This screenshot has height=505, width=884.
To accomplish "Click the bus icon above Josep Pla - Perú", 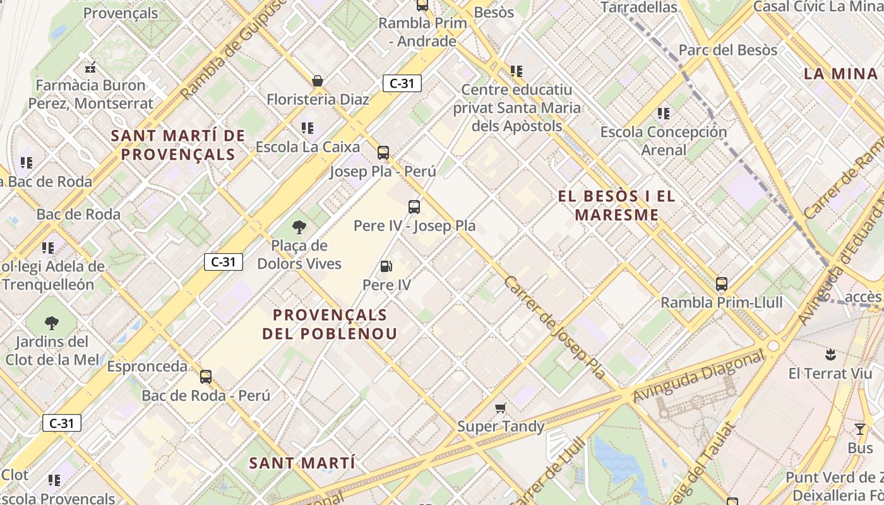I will [x=383, y=152].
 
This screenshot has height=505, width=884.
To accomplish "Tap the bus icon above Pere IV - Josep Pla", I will [x=414, y=206].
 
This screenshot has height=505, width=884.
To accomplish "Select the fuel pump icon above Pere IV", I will [x=386, y=266].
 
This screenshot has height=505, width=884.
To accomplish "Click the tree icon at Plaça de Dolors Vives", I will [x=299, y=227].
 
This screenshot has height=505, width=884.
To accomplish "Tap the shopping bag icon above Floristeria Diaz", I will [x=318, y=81].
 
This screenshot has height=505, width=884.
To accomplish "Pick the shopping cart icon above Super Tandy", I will [x=501, y=408].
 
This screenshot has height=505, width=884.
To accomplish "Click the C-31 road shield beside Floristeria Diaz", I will [x=402, y=83].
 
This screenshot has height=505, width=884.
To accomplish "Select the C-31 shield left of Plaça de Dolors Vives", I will [x=224, y=261].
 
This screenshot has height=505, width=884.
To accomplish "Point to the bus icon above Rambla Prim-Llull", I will [x=722, y=284].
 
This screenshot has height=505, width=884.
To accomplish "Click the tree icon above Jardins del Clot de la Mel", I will [x=52, y=323].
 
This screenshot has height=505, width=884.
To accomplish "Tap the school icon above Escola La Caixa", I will [x=308, y=128].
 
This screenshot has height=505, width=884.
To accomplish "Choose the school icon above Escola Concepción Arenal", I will [x=663, y=114].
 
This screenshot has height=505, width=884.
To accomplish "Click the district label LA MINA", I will [x=840, y=73].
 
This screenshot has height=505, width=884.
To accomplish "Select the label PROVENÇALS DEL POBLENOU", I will [x=330, y=324].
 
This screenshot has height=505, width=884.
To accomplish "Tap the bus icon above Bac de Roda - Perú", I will [x=206, y=377].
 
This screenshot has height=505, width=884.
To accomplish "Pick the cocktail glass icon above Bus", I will [x=860, y=429].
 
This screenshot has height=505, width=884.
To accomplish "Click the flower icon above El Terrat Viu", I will [x=830, y=355].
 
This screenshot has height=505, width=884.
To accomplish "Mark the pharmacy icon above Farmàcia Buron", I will [x=90, y=67].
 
